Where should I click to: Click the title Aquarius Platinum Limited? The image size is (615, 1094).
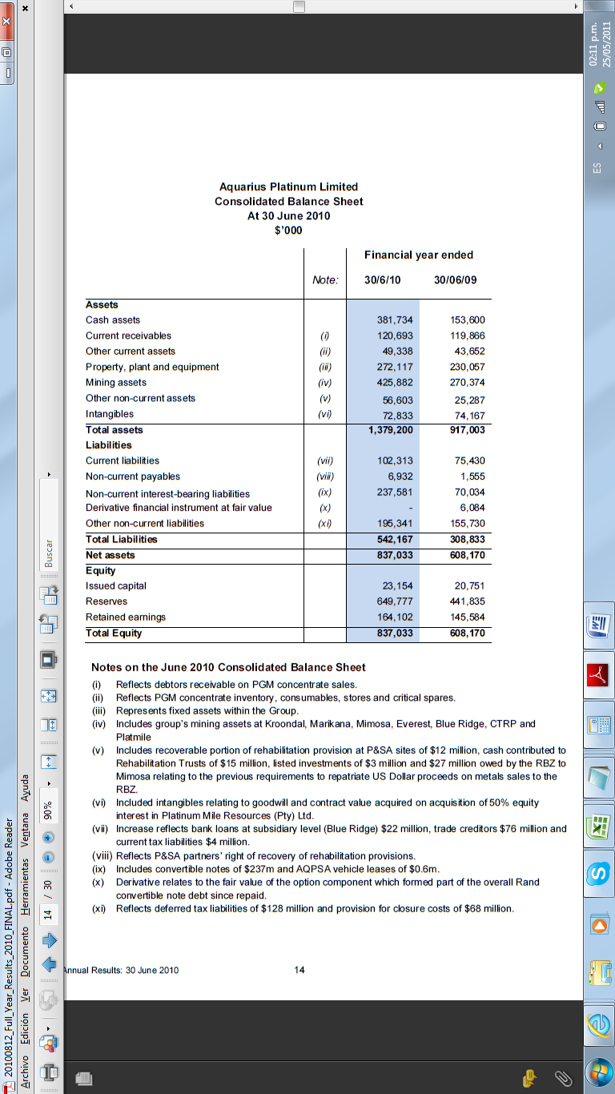coord(288,187)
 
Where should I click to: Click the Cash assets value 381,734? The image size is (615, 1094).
coord(395,320)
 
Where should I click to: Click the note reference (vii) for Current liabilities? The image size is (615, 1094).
coord(324,461)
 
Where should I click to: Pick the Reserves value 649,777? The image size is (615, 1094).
coord(395,601)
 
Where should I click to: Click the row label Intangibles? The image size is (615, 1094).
coord(110,414)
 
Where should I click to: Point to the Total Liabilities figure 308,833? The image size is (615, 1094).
coord(466,540)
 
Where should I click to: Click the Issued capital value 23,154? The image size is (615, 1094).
coord(398,586)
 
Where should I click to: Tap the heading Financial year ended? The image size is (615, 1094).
coord(419,255)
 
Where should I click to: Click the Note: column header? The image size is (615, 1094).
coord(325,280)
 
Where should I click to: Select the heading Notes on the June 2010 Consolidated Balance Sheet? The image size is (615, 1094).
coord(228,667)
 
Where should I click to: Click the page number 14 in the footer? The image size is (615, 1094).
coord(299,970)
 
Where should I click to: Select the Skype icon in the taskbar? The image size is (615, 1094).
coord(598,872)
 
